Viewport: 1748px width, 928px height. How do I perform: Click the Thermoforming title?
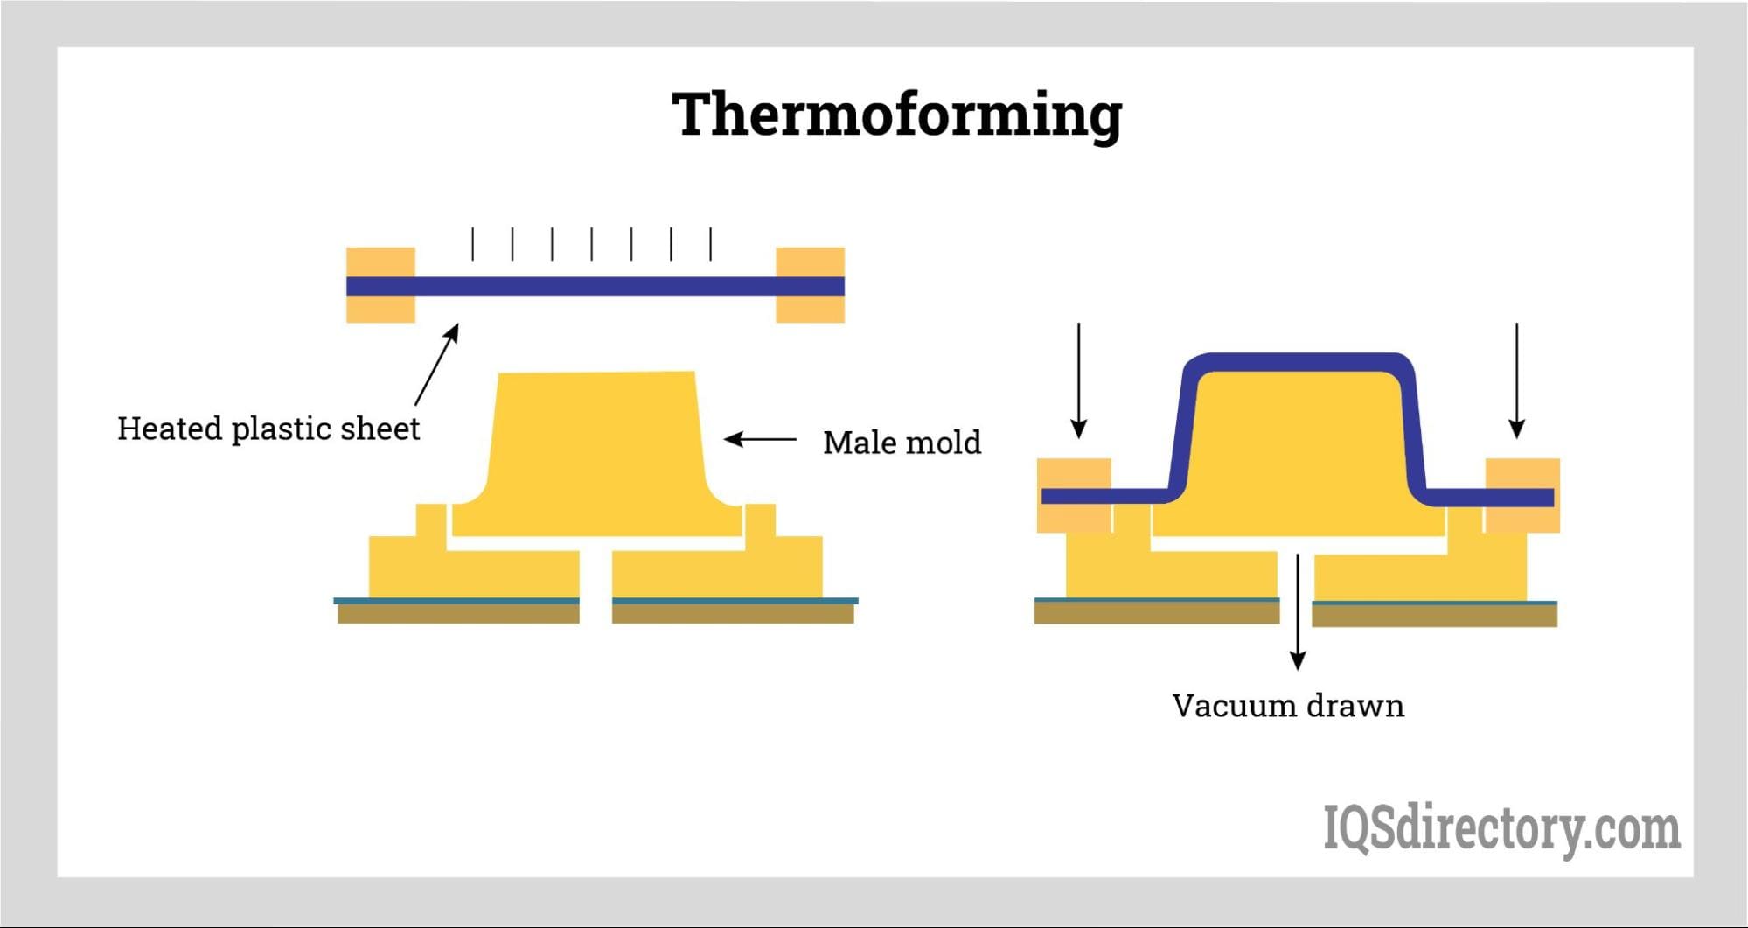click(896, 115)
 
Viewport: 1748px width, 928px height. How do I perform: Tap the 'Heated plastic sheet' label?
click(268, 429)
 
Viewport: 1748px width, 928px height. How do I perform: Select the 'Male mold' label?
click(902, 443)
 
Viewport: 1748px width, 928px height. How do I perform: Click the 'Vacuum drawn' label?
click(1287, 706)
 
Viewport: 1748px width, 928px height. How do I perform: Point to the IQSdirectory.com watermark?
click(1501, 827)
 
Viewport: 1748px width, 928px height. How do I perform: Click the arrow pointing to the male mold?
click(760, 439)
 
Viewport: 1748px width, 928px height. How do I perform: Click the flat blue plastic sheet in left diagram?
click(595, 286)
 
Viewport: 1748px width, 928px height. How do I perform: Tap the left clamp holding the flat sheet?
click(380, 285)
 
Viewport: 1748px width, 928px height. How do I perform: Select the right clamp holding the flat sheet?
click(810, 285)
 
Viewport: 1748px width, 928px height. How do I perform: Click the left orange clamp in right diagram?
click(1073, 495)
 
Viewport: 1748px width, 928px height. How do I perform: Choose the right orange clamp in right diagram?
click(1522, 495)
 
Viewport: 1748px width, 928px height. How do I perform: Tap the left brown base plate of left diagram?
click(458, 614)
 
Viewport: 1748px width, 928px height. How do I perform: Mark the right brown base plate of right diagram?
click(1434, 616)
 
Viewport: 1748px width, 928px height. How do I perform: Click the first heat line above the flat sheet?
click(473, 244)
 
